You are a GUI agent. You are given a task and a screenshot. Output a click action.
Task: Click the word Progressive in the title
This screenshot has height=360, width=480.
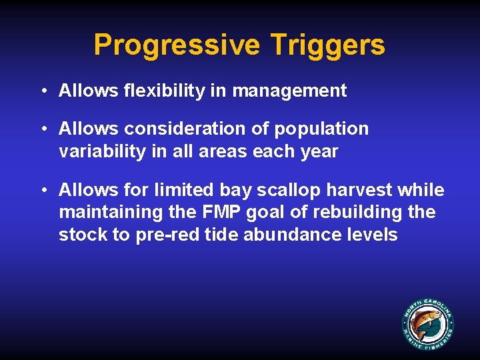pos(177,45)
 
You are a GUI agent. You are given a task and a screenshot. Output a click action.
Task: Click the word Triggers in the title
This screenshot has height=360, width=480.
pos(328,45)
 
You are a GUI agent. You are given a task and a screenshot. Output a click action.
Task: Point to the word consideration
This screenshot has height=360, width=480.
pos(181,128)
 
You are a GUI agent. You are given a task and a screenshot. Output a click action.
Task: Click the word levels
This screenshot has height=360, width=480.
pos(373,235)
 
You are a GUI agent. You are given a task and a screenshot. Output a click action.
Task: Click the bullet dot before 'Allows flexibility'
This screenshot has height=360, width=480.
pos(42,91)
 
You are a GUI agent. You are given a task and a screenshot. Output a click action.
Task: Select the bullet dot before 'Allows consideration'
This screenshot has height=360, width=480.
pos(42,128)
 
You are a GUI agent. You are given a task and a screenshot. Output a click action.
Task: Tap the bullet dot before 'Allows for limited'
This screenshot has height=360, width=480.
pos(42,190)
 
